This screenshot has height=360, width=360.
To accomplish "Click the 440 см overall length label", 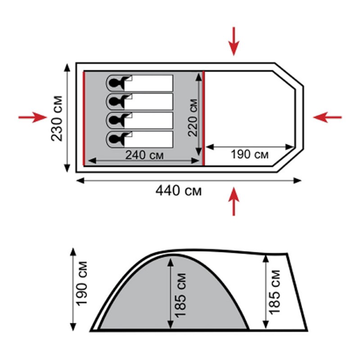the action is (178, 191).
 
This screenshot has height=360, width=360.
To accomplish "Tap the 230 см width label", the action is (57, 118).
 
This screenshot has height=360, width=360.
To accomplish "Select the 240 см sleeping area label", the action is (144, 155).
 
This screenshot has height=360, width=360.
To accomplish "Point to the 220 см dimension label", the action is (193, 118).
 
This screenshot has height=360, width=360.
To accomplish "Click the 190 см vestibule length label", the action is (249, 154).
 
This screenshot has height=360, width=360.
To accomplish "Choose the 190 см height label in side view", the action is (82, 283).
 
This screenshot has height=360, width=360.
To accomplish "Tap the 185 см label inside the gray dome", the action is (180, 296).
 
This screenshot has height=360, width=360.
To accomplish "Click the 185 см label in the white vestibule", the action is (274, 292).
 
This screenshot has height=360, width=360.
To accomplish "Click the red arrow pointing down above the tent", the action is (234, 41).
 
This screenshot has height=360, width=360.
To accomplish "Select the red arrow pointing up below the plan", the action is (234, 201).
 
